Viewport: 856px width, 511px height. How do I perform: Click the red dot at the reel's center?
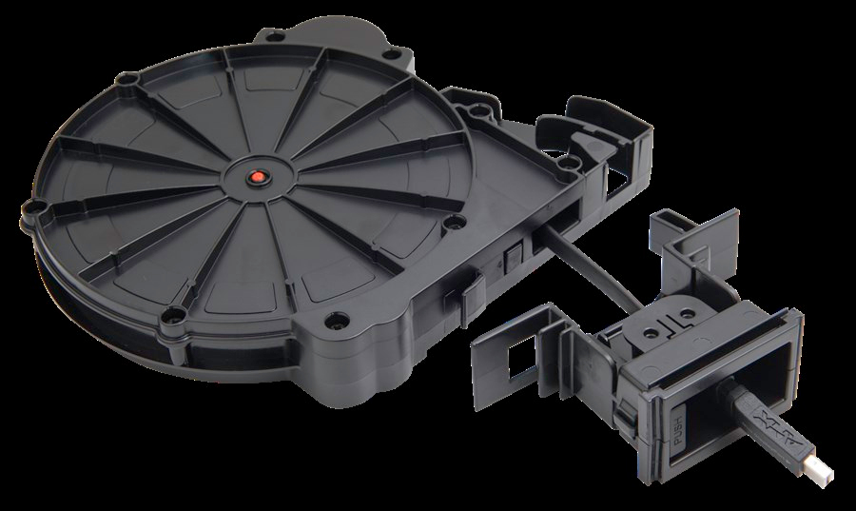(258, 177)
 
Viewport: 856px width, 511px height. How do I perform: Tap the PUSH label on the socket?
(678, 426)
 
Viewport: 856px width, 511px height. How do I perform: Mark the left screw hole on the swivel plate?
(651, 332)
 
